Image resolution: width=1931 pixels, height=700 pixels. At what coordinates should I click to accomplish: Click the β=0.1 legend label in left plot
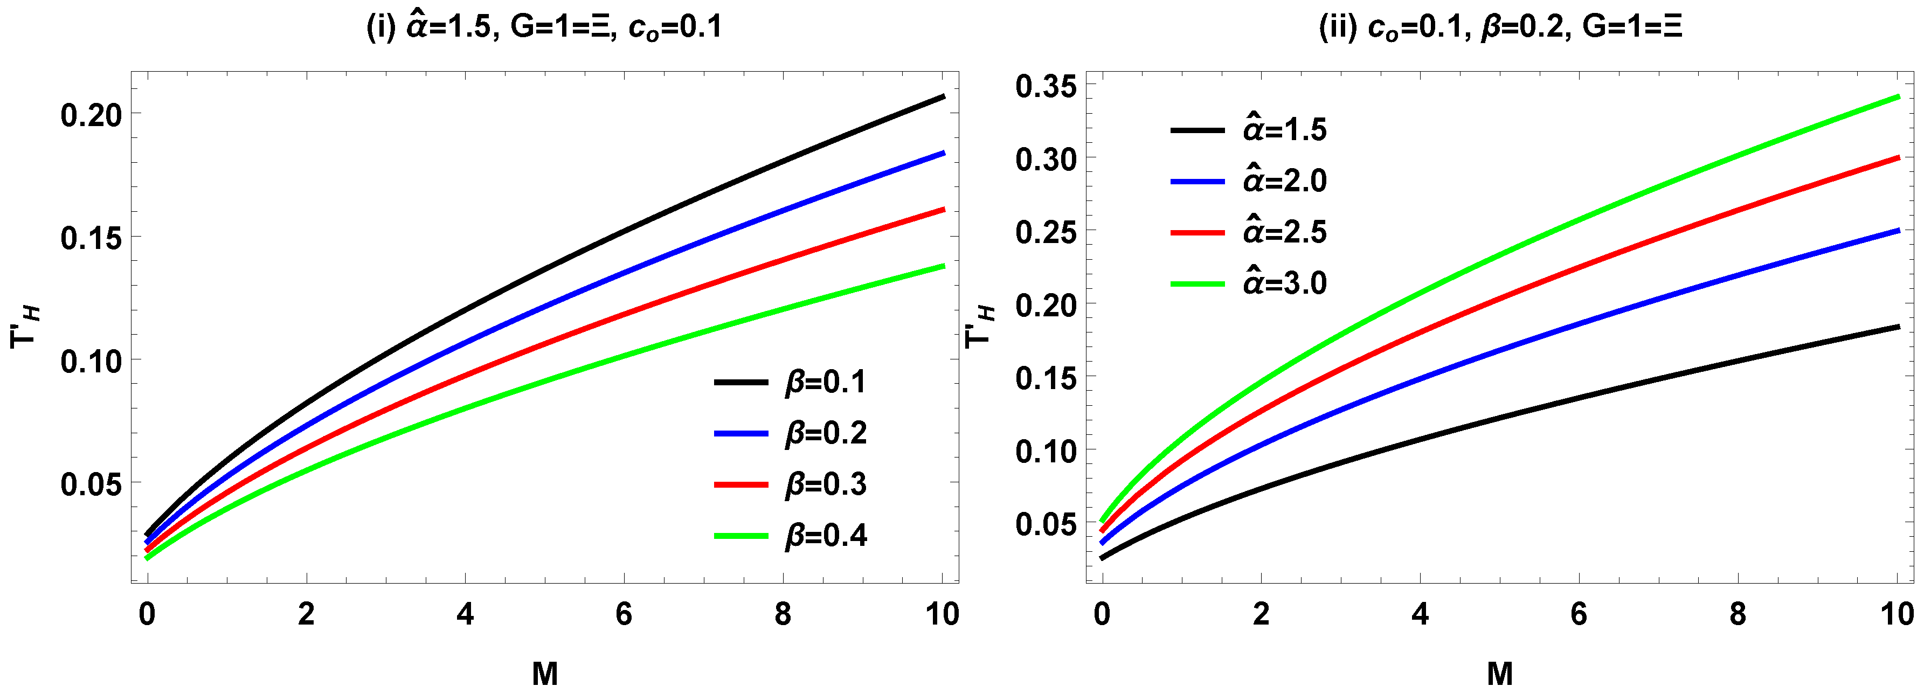click(x=825, y=382)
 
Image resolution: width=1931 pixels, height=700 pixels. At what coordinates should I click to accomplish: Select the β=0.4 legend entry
click(x=825, y=535)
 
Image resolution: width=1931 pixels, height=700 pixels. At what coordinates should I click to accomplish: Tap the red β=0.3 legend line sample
click(x=740, y=485)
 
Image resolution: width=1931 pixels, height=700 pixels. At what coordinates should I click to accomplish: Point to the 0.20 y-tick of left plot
click(x=91, y=115)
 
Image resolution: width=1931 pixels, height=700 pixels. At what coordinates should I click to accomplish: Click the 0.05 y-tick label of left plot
click(x=91, y=484)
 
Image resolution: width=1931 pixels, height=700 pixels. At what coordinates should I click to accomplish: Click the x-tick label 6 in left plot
click(x=624, y=614)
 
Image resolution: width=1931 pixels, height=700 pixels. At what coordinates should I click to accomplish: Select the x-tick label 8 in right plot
click(x=1738, y=614)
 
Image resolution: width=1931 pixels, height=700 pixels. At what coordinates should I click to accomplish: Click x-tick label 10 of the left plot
click(x=942, y=614)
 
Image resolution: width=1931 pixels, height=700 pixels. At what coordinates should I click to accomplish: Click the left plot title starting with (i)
click(x=544, y=27)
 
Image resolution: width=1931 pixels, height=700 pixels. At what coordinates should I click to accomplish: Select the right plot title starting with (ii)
click(x=1500, y=27)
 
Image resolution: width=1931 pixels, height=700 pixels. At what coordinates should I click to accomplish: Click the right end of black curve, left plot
click(x=942, y=96)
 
